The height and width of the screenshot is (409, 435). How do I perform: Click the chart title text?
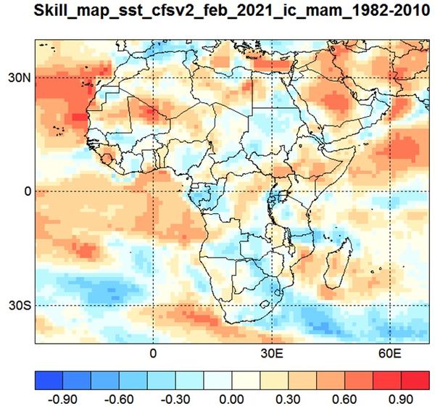pyautogui.click(x=232, y=11)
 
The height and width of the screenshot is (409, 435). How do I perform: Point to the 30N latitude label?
pyautogui.click(x=20, y=78)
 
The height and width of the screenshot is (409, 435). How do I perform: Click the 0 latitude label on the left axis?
pyautogui.click(x=28, y=191)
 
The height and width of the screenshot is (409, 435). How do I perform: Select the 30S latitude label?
pyautogui.click(x=20, y=305)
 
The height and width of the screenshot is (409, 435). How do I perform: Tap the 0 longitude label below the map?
pyautogui.click(x=153, y=353)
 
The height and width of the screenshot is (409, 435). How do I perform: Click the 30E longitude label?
pyautogui.click(x=272, y=353)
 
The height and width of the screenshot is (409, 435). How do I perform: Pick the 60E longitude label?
pyautogui.click(x=390, y=353)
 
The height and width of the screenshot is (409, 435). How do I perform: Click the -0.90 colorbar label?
pyautogui.click(x=62, y=400)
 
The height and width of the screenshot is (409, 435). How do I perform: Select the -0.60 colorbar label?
pyautogui.click(x=119, y=400)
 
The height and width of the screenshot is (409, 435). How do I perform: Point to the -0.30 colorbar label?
pyautogui.click(x=175, y=400)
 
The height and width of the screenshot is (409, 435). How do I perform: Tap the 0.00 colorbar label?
pyautogui.click(x=232, y=400)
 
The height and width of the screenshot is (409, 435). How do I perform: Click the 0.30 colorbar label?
pyautogui.click(x=288, y=400)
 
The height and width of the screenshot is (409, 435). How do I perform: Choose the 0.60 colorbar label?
pyautogui.click(x=344, y=400)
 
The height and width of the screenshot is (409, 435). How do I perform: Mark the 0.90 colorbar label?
pyautogui.click(x=401, y=400)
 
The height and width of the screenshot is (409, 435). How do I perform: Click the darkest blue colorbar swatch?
pyautogui.click(x=49, y=381)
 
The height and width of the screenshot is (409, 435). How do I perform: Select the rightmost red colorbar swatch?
pyautogui.click(x=415, y=381)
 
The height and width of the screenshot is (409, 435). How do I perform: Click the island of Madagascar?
pyautogui.click(x=339, y=264)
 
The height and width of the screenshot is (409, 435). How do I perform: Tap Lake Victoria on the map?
pyautogui.click(x=283, y=195)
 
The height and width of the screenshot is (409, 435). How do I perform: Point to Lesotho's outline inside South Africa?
pyautogui.click(x=265, y=304)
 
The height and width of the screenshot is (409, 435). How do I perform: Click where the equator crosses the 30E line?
pyautogui.click(x=272, y=191)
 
